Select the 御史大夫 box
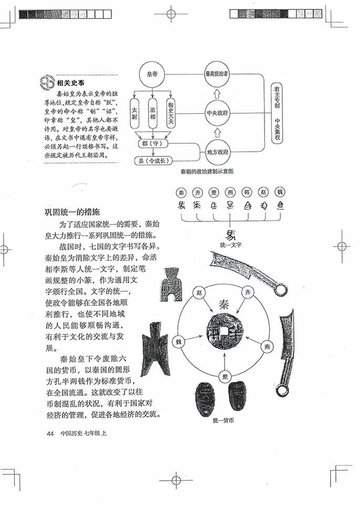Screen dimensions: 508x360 coord(170,113)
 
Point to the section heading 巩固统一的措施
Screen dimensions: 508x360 coord(71,213)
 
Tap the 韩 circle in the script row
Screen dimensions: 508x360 coord(247,192)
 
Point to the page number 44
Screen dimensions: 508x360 coord(50,433)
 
